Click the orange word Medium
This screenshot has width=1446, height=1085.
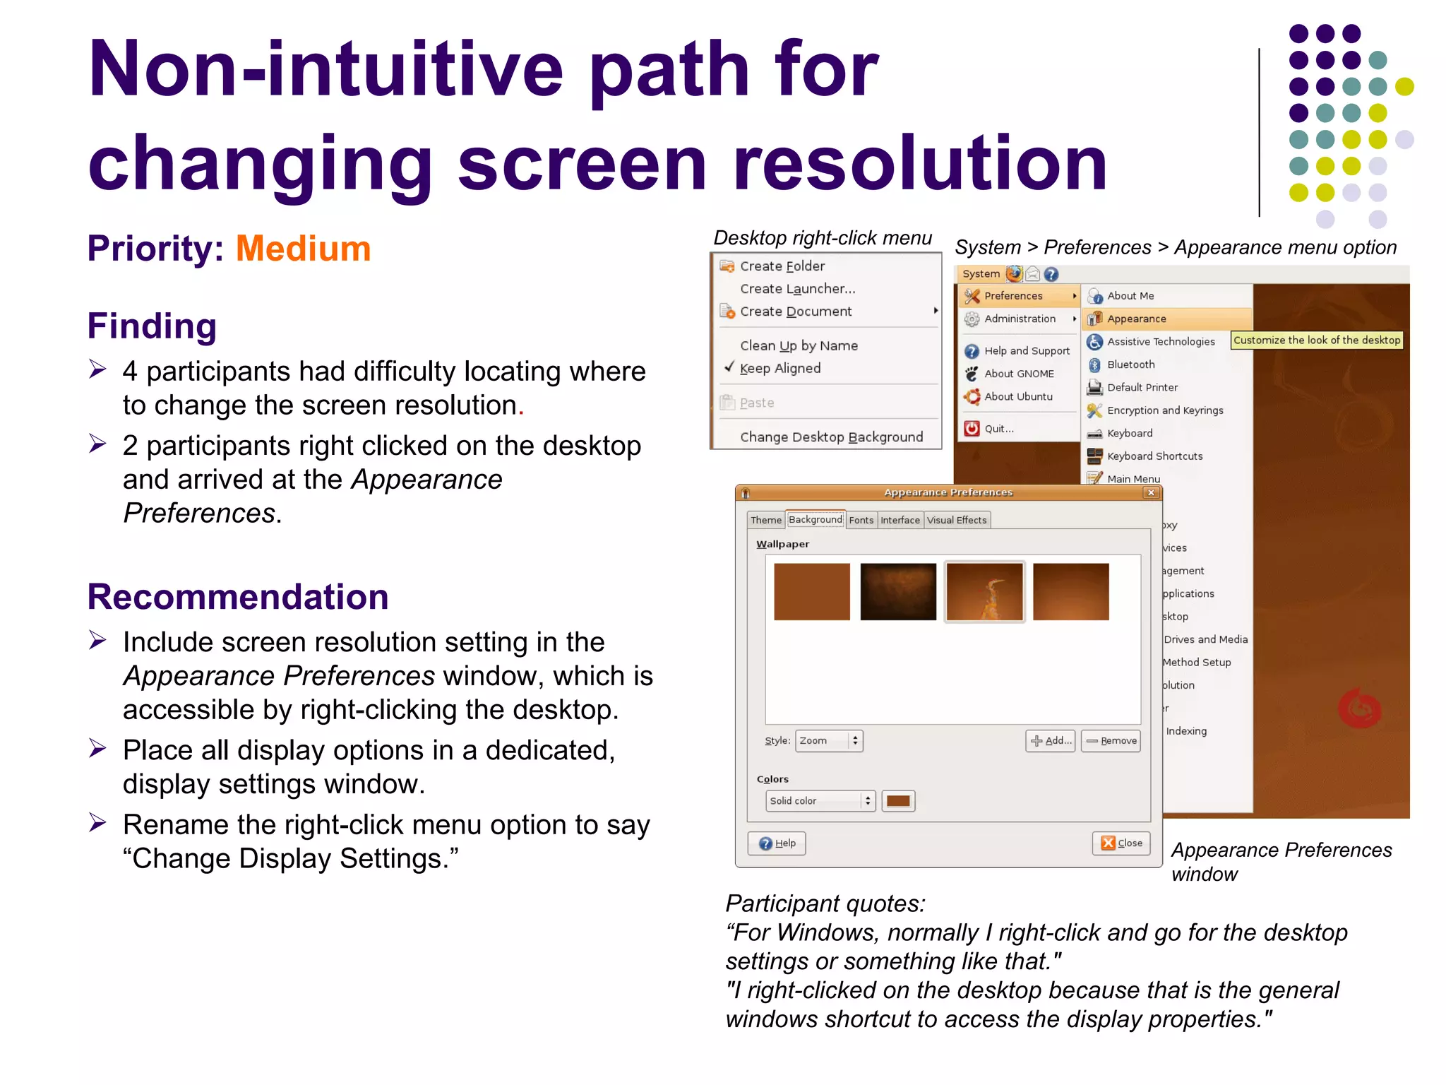coord(303,249)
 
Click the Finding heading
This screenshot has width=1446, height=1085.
coord(152,326)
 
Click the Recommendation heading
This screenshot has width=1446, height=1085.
coord(238,597)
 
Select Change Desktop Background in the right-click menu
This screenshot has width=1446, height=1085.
coord(831,437)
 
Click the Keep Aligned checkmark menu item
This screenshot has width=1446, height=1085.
coord(779,368)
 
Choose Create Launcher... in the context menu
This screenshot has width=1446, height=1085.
coord(797,289)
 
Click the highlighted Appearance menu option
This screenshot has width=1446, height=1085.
coord(1136,319)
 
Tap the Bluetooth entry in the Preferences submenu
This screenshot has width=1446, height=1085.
coord(1130,364)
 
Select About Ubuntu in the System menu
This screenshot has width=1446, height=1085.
coord(1017,397)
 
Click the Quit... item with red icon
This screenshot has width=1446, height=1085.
coord(998,429)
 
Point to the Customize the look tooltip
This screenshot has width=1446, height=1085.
coord(1316,340)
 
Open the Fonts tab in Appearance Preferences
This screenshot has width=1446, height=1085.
coord(861,521)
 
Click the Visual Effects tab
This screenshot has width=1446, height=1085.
coord(957,521)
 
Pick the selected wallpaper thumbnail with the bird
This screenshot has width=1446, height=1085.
coord(984,592)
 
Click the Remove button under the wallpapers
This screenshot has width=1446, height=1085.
coord(1111,741)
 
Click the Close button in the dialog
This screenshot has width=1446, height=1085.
coord(1121,843)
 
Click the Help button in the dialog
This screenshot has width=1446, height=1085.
coord(777,843)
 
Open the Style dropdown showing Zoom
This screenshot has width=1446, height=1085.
coord(829,741)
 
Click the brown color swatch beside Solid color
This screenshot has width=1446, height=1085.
coord(898,801)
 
